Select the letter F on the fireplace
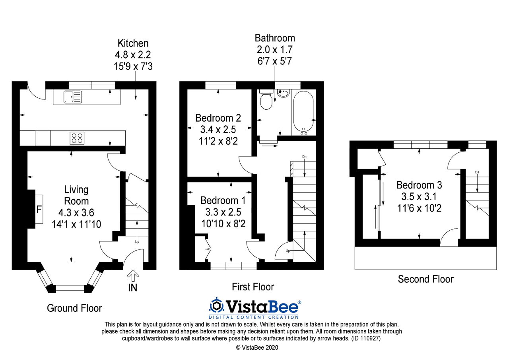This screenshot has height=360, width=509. [x=39, y=209]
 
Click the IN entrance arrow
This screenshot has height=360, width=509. [x=132, y=276]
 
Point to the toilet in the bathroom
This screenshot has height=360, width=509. [x=266, y=100]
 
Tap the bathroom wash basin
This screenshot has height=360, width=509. [x=283, y=93]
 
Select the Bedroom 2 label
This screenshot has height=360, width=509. [x=218, y=118]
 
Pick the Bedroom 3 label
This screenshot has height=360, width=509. [x=419, y=185]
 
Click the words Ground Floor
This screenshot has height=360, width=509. [x=74, y=308]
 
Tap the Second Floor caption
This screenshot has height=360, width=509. [x=425, y=279]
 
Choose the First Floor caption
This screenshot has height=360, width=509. [x=253, y=287]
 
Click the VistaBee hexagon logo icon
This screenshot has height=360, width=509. [x=217, y=306]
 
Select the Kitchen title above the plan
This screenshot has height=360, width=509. [x=133, y=43]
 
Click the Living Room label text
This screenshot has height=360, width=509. [x=76, y=195]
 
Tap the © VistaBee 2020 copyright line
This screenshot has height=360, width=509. [x=257, y=347]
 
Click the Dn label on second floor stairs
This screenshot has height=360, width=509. [x=477, y=172]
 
